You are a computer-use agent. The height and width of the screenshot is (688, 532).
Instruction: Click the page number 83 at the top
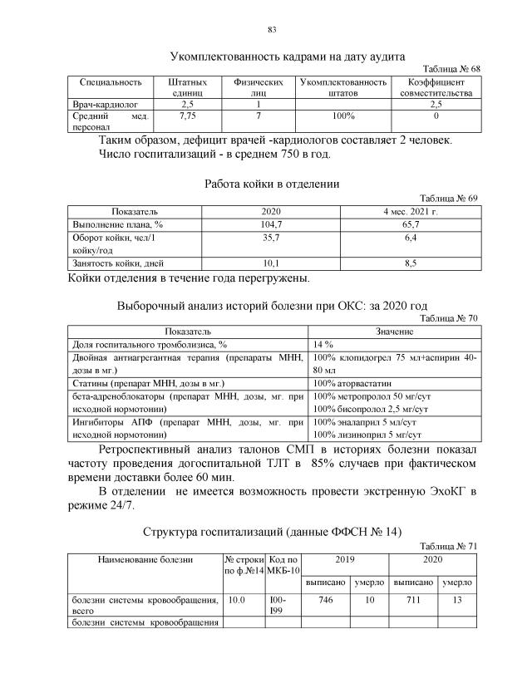coord(271,31)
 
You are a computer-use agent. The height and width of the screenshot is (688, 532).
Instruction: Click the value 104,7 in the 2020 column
coord(272,224)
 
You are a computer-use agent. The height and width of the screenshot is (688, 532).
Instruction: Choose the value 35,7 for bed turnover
coord(272,238)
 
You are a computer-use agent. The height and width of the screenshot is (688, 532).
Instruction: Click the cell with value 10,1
coord(272,263)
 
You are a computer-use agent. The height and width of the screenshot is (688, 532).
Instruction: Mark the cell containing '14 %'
coord(323,344)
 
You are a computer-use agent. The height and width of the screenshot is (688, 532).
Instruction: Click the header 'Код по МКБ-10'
coord(283,565)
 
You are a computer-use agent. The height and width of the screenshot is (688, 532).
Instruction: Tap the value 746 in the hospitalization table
coord(325,599)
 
